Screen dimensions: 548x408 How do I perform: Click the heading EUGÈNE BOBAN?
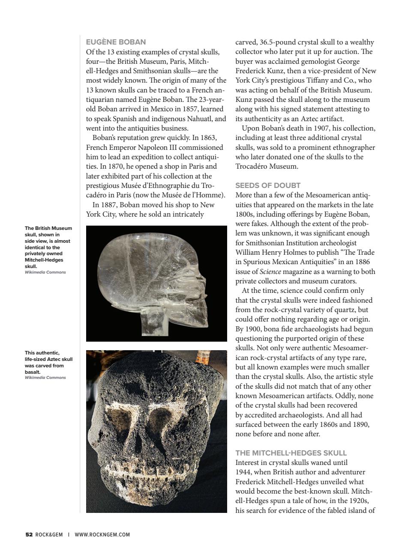(116, 42)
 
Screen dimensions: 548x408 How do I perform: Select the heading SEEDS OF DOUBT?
(268, 185)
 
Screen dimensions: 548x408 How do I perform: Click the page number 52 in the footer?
(29, 534)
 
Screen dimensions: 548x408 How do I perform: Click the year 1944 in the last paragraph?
(243, 472)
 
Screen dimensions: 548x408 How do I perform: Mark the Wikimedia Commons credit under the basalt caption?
(45, 378)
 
